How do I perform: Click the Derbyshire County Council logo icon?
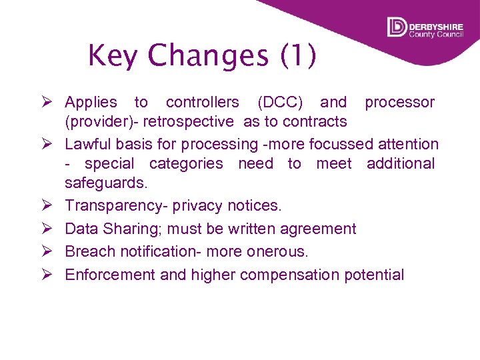[x=397, y=27]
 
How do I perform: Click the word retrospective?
[x=191, y=121]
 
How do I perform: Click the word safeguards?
[x=105, y=183]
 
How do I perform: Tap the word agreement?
[x=318, y=229]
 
